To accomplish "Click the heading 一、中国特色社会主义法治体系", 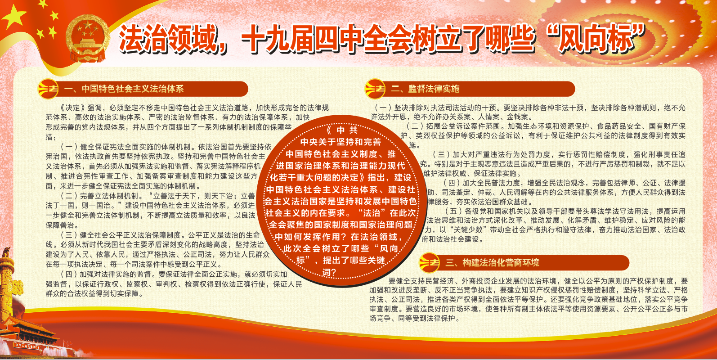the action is tap(124, 89).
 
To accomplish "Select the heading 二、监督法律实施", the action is tap(425, 89).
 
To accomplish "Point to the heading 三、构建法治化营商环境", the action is tap(492, 263).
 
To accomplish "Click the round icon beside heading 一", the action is tap(48, 89).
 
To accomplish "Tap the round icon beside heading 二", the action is tap(375, 89).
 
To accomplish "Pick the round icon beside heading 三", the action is tap(430, 263).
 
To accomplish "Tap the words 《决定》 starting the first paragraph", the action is tap(73, 108).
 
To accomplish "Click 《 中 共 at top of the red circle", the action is tap(341, 130).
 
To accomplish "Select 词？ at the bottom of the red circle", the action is tap(329, 273).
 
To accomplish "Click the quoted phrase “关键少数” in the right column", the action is tap(468, 229).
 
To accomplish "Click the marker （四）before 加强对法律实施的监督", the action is tap(69, 274).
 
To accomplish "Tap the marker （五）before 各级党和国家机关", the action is tap(454, 211).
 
